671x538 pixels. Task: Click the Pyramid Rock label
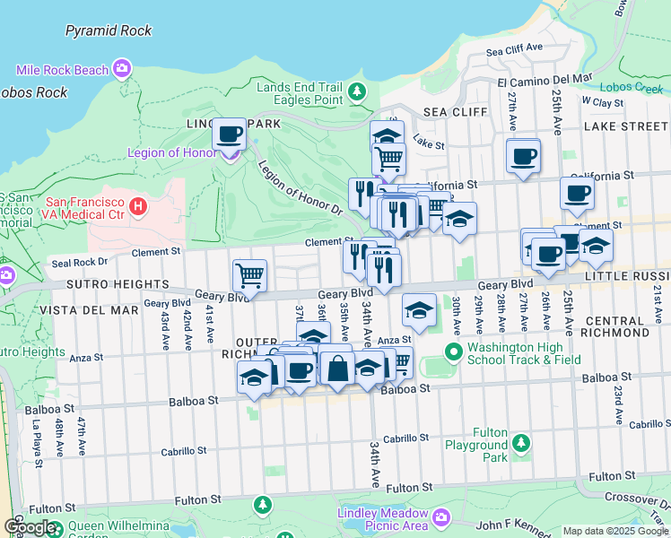[x=108, y=30]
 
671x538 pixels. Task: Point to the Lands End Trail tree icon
[x=357, y=91]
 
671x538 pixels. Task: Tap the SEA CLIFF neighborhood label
[x=455, y=112]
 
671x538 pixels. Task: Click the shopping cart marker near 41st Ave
[x=249, y=275]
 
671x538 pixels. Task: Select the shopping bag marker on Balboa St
[x=337, y=368]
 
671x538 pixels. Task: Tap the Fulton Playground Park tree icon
[x=520, y=443]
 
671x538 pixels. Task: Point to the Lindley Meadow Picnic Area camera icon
[x=440, y=517]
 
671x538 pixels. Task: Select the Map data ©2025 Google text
[x=615, y=531]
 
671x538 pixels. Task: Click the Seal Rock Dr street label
[x=80, y=263]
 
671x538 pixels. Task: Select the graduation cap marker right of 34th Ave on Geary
[x=419, y=310]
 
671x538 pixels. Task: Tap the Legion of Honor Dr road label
[x=300, y=187]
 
